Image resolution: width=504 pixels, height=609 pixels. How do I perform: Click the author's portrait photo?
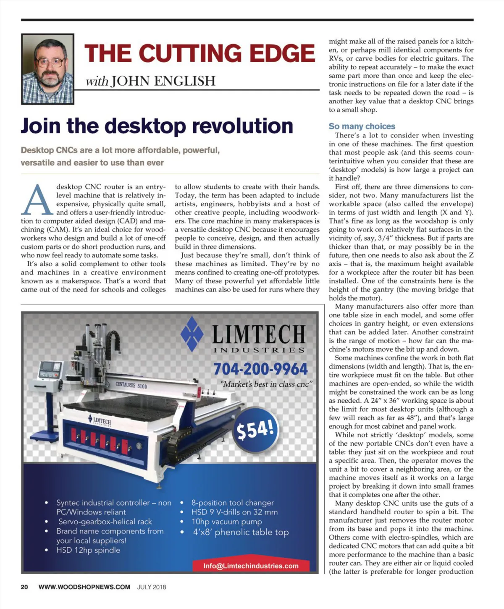click(x=48, y=69)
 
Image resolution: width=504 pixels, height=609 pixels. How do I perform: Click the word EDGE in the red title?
click(x=282, y=53)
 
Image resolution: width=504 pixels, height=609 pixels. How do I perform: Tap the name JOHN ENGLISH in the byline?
click(x=163, y=81)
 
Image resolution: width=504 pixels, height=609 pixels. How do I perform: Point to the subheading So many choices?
click(x=362, y=126)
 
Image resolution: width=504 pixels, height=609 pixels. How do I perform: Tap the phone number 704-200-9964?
click(x=260, y=369)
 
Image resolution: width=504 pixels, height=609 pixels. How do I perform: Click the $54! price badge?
click(x=255, y=429)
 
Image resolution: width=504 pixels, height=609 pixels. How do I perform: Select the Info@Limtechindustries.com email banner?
click(x=251, y=566)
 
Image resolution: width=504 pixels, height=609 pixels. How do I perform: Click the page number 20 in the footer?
click(x=24, y=587)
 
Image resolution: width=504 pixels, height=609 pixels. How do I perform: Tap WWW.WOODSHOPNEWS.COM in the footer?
click(x=84, y=587)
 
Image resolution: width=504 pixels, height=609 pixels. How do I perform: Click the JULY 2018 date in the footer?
click(x=151, y=587)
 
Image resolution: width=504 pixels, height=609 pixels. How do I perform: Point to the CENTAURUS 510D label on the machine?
click(x=131, y=385)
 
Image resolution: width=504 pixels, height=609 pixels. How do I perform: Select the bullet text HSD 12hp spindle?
click(x=88, y=550)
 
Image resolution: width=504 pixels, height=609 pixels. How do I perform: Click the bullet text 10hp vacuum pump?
click(x=226, y=521)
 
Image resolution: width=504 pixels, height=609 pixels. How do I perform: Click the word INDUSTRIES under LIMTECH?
click(x=259, y=350)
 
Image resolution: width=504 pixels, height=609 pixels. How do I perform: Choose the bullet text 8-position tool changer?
click(x=232, y=502)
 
